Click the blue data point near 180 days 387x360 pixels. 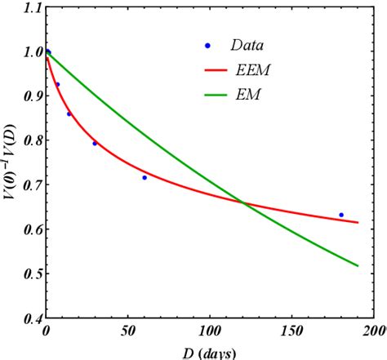tap(341, 215)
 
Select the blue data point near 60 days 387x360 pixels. tap(145, 177)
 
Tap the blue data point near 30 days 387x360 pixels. tap(95, 144)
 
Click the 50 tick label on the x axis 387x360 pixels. tap(127, 332)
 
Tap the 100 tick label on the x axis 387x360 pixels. tap(209, 332)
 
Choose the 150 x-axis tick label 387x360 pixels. tap(291, 332)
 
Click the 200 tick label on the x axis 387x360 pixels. tap(373, 332)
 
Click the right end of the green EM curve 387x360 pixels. tap(358, 265)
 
